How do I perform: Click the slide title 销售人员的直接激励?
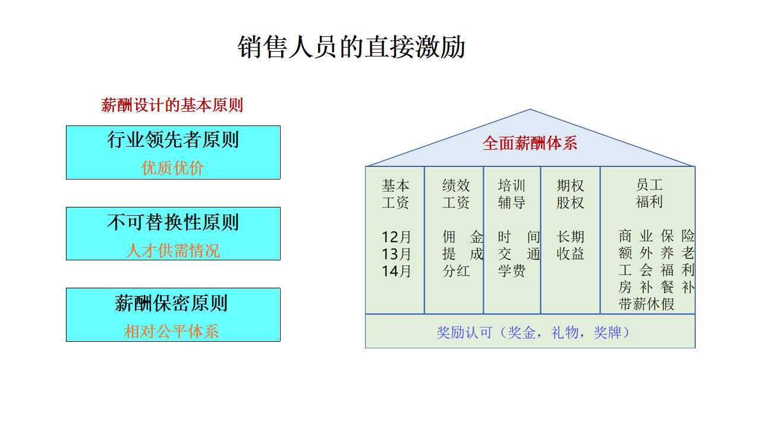pos(351,47)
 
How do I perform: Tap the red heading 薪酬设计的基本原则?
pos(172,105)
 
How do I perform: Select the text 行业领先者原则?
pos(173,140)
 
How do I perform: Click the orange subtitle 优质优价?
pos(172,168)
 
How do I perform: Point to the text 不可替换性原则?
pos(173,222)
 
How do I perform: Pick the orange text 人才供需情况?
pos(173,251)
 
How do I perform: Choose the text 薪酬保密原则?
pos(171,303)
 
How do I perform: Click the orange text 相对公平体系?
pos(172,332)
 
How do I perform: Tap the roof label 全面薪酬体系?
pos(530,143)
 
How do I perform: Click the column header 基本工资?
pos(395,194)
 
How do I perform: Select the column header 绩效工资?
pos(456,194)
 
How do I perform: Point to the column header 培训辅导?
pos(512,194)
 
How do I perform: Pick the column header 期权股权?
pos(570,194)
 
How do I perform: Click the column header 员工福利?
pos(649,193)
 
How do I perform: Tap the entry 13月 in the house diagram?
pos(396,254)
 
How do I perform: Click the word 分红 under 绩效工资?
pos(456,271)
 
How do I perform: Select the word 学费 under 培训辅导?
pos(512,271)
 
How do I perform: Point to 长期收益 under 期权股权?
pos(570,246)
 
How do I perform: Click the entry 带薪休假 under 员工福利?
pos(646,304)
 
